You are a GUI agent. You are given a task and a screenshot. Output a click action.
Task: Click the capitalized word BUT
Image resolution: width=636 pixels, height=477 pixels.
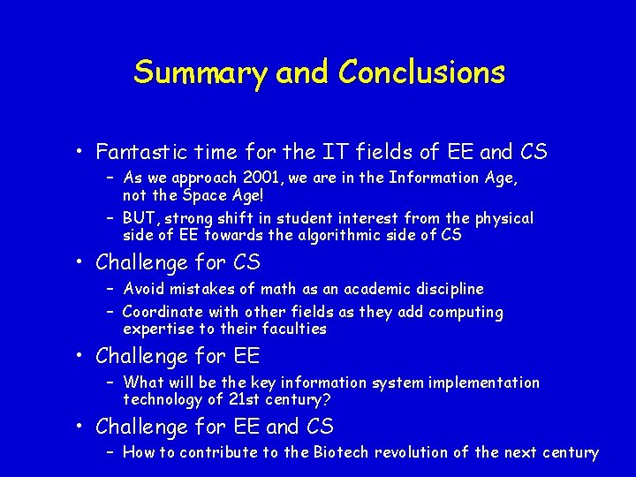[140, 217]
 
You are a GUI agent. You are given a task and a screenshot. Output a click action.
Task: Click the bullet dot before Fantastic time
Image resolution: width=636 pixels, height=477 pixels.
[80, 153]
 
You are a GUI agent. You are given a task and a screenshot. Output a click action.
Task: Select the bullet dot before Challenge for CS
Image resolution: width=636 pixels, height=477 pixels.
[80, 263]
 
